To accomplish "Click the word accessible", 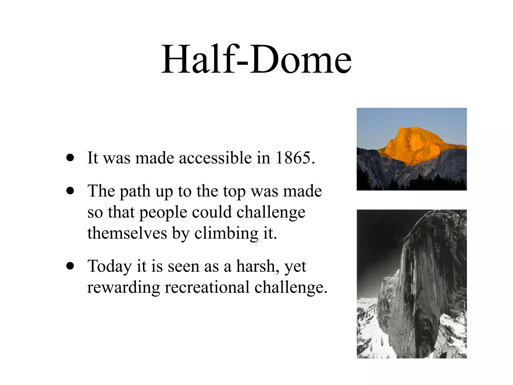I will pos(215,158).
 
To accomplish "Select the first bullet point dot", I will pos(70,158).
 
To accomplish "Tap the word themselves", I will pos(127,233).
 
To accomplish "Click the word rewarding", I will pos(123,288).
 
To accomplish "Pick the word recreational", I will pos(207,287).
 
